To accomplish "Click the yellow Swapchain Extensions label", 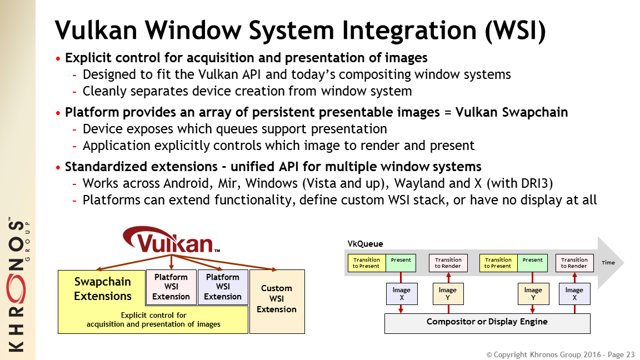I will (x=103, y=289).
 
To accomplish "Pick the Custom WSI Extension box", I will (x=277, y=299).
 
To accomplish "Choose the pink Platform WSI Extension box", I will (x=171, y=287).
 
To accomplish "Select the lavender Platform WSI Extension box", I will (x=223, y=287).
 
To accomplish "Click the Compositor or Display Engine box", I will (x=487, y=322).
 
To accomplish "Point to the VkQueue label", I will (x=365, y=244).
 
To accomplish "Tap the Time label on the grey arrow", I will (x=608, y=262).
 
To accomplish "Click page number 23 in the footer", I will (x=630, y=354).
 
